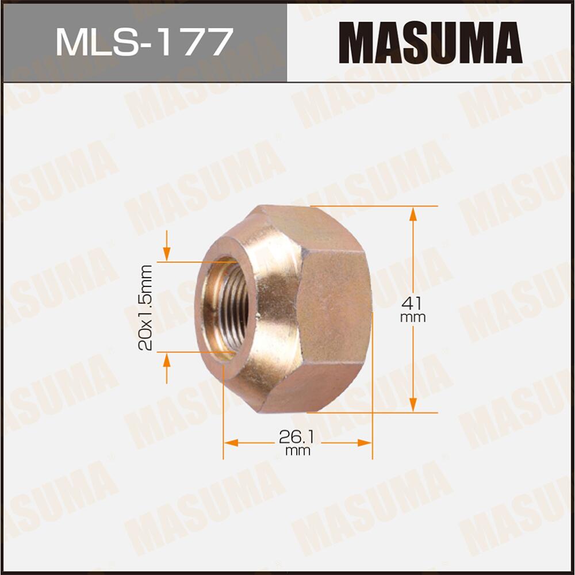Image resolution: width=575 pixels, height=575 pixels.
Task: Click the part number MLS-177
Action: click(144, 41)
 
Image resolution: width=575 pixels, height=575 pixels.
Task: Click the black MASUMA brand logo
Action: click(431, 41)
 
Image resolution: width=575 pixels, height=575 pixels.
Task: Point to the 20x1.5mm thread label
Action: click(145, 308)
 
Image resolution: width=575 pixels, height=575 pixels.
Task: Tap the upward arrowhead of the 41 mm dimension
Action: click(413, 214)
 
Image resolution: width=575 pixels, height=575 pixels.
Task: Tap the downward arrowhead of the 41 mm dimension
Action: click(413, 404)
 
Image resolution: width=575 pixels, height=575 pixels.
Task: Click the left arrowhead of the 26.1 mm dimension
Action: click(231, 443)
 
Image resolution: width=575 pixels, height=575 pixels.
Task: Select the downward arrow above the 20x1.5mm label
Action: click(167, 252)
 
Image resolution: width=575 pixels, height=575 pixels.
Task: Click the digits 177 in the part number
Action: click(195, 41)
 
